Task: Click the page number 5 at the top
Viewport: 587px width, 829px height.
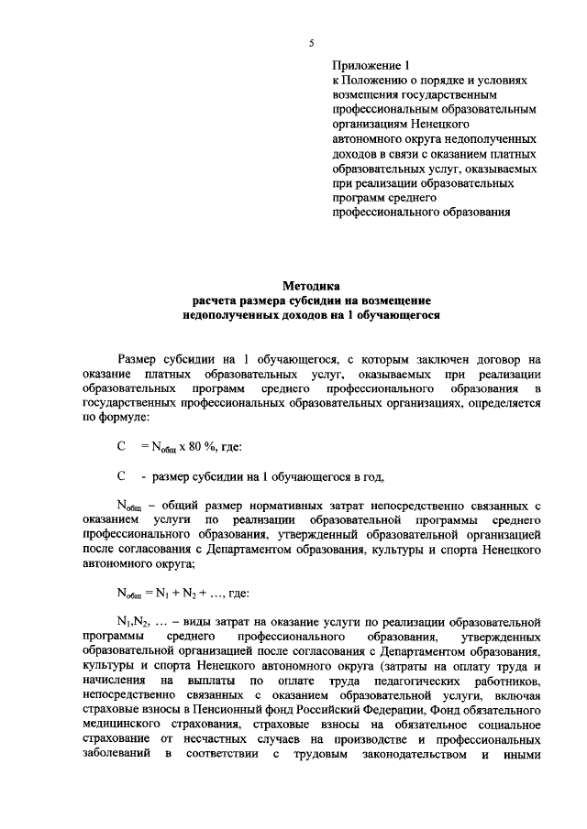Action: tap(311, 43)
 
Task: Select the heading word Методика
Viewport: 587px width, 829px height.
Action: tap(311, 286)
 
